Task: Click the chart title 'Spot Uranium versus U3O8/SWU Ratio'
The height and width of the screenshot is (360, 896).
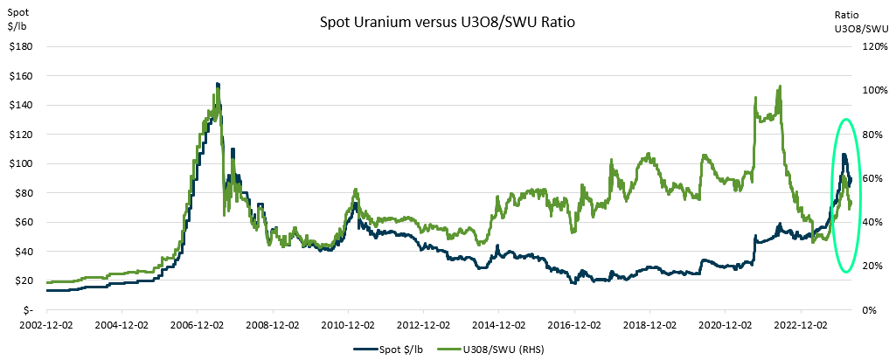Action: (448, 20)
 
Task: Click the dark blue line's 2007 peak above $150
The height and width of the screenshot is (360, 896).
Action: (217, 84)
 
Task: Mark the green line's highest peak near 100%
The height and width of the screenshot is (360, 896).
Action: (779, 87)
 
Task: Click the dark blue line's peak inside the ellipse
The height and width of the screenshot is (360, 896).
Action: (844, 155)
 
